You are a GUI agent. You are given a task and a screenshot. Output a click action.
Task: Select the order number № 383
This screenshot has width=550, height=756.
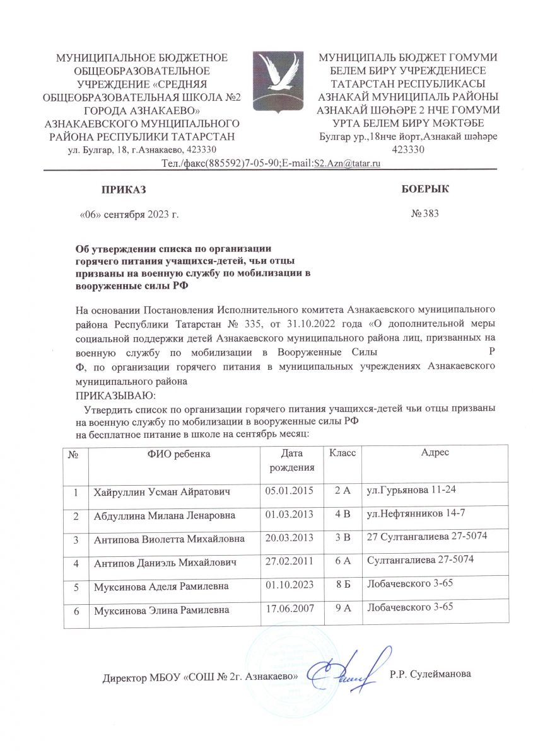pos(424,214)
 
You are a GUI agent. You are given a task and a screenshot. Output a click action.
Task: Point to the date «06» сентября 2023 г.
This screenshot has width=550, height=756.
pos(128,214)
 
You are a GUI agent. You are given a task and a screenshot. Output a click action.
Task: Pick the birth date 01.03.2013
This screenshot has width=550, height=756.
pos(289,515)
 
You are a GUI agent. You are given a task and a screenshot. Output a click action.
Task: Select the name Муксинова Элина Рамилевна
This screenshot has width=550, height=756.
pos(162,610)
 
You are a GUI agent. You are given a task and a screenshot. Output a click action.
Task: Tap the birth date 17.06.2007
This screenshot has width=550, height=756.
pos(289,609)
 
